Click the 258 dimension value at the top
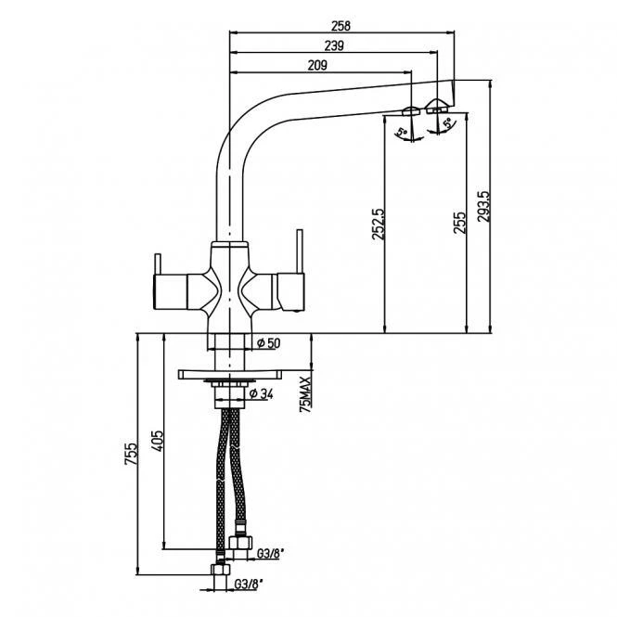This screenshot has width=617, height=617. pos(341,26)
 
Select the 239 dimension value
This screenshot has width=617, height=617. pos(334,46)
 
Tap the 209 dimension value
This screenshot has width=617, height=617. pos(317,65)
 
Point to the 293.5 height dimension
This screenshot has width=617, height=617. pos(483,207)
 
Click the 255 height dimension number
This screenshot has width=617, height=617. pos(459,223)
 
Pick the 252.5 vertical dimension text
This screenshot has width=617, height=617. pos(379,224)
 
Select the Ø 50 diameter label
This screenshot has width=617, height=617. pos(269,343)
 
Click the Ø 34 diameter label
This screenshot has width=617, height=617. pos(262,393)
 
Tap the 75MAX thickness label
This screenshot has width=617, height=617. pos(305,394)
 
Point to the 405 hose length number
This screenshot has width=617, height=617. pos(157,441)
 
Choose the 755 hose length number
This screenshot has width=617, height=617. pos(131,454)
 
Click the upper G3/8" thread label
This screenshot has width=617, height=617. pos(270,554)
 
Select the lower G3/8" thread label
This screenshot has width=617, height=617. pos(248,585)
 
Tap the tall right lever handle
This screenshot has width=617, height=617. pos(300,251)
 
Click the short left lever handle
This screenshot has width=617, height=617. pos(158,264)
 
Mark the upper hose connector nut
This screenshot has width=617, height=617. pos(240,543)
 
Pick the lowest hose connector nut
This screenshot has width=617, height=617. pos(221,570)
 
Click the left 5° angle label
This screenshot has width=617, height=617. pos(402,132)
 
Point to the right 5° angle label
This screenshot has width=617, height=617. pos(448,122)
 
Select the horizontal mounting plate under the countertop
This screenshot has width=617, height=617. pos(230,374)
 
